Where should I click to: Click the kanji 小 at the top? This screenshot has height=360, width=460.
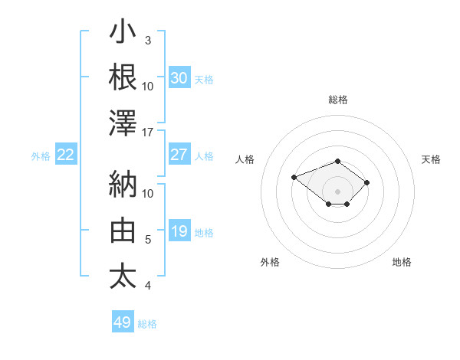(x=123, y=31)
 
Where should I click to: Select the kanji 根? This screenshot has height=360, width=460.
(x=123, y=77)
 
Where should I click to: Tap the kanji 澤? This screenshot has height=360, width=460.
(x=123, y=123)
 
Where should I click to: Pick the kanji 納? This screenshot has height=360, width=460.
(x=123, y=184)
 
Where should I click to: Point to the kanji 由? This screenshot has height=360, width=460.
(x=123, y=230)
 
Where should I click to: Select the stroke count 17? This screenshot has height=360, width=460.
(x=147, y=133)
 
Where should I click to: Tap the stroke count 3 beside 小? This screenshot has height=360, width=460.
(x=148, y=41)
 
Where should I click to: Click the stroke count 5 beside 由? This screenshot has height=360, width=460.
(x=148, y=240)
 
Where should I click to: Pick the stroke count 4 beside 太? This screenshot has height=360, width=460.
(x=148, y=286)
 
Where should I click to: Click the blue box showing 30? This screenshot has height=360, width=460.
(x=179, y=77)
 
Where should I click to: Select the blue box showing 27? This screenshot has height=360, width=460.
(x=179, y=154)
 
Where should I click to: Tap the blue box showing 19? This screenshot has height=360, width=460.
(x=179, y=230)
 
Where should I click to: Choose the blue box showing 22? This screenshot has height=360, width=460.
(x=66, y=154)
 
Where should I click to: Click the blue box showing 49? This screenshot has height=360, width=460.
(x=123, y=321)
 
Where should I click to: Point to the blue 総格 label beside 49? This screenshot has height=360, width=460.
(x=147, y=324)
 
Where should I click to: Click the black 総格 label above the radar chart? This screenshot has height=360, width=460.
(x=338, y=100)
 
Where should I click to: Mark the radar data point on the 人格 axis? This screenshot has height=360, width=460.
(x=294, y=177)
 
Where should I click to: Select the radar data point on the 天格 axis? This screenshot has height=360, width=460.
(x=366, y=182)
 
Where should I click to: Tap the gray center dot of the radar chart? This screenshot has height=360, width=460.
(x=337, y=191)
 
